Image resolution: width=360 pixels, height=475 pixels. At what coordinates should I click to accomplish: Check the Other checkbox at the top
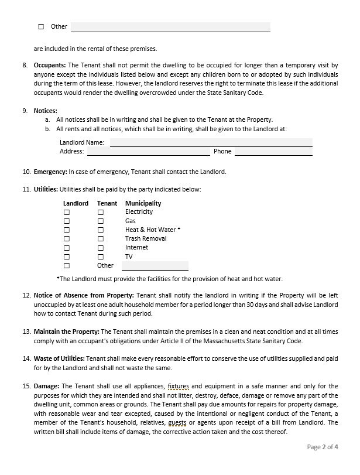pos(41,26)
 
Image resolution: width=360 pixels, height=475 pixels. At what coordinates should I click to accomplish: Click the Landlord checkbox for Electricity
pos(67,212)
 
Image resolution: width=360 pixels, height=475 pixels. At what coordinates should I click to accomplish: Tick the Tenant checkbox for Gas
pos(101,221)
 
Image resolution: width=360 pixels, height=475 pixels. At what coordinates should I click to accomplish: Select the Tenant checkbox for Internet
pos(101,248)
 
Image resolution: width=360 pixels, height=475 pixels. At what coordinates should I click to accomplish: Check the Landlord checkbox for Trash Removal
pos(67,239)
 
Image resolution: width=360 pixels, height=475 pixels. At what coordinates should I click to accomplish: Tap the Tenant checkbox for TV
pos(101,257)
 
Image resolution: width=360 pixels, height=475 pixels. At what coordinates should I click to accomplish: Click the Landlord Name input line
pos(211,142)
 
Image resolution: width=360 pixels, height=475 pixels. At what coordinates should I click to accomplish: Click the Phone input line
pos(273,151)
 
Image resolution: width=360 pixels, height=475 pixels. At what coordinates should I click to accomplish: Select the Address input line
pos(148,151)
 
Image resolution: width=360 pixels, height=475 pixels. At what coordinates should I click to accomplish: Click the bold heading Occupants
pos(50,66)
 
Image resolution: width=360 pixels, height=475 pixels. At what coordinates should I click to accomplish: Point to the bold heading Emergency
pos(50,172)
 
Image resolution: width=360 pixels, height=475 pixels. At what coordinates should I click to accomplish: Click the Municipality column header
pos(143,203)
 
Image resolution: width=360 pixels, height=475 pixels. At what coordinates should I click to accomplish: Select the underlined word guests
pos(177,422)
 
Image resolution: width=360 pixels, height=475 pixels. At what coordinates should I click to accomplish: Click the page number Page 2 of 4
pos(323,447)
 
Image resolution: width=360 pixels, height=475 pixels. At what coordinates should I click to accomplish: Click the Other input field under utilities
pos(155,266)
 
